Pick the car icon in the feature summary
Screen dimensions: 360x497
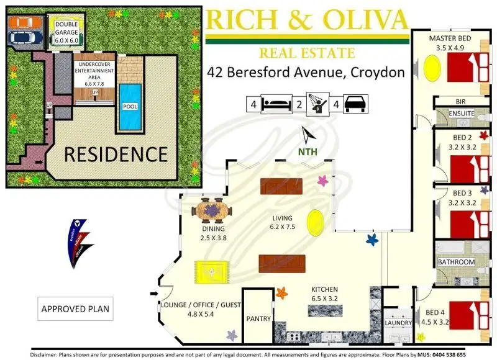coord(355,104)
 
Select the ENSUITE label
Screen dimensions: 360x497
coord(462,114)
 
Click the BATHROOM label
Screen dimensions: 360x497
coord(457,262)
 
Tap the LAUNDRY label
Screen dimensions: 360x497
coord(398,323)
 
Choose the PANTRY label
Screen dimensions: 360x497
coord(258,319)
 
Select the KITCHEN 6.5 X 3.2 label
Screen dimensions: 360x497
coord(325,294)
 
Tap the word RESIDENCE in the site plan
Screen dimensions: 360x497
coord(116,153)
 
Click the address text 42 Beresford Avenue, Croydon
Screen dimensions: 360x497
coord(306,73)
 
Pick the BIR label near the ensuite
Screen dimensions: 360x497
coord(460,101)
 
